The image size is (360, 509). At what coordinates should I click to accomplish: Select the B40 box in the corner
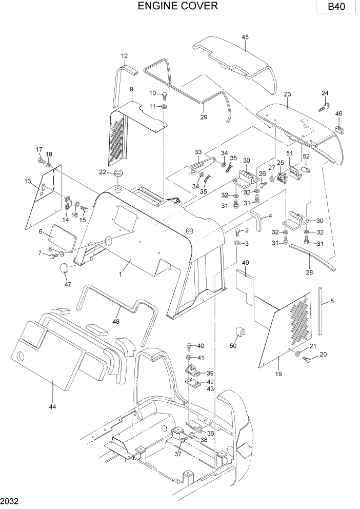click(337, 7)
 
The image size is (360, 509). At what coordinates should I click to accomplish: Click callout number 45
click(245, 37)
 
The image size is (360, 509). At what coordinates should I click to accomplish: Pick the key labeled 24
click(325, 106)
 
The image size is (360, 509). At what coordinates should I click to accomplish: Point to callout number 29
click(204, 118)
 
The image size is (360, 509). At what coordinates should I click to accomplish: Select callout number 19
click(278, 374)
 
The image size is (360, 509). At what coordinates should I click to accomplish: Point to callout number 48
click(116, 322)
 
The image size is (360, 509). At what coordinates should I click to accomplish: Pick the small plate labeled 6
click(63, 240)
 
